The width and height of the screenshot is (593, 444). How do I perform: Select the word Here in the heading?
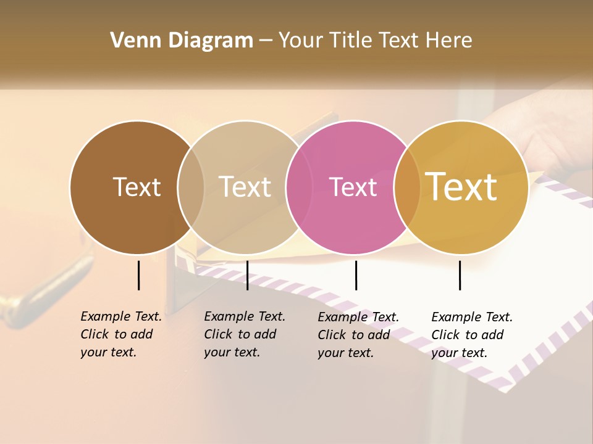[450, 41]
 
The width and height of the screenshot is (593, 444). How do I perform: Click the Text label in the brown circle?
[137, 187]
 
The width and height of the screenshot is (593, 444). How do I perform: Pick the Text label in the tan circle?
[245, 187]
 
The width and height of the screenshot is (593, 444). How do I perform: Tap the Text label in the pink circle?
[353, 187]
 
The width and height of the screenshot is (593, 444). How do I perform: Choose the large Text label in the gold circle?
[461, 187]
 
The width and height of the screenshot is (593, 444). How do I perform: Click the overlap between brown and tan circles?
[191, 187]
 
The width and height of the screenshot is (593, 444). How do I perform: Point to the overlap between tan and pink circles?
[298, 187]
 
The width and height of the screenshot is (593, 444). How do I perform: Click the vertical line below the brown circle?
[139, 275]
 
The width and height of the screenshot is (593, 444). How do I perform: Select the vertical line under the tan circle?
[247, 275]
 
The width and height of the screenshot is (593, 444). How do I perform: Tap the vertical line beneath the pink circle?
[356, 275]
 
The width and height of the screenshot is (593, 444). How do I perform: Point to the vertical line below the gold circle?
[460, 275]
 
